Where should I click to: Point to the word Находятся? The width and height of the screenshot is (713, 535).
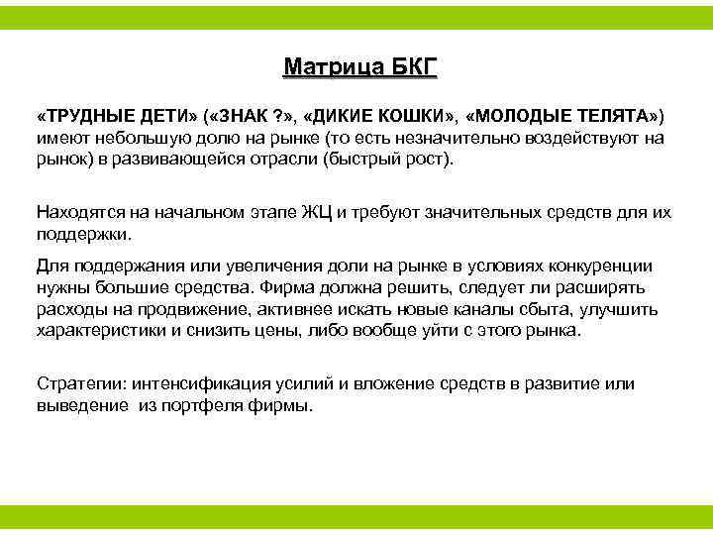tap(78, 211)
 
